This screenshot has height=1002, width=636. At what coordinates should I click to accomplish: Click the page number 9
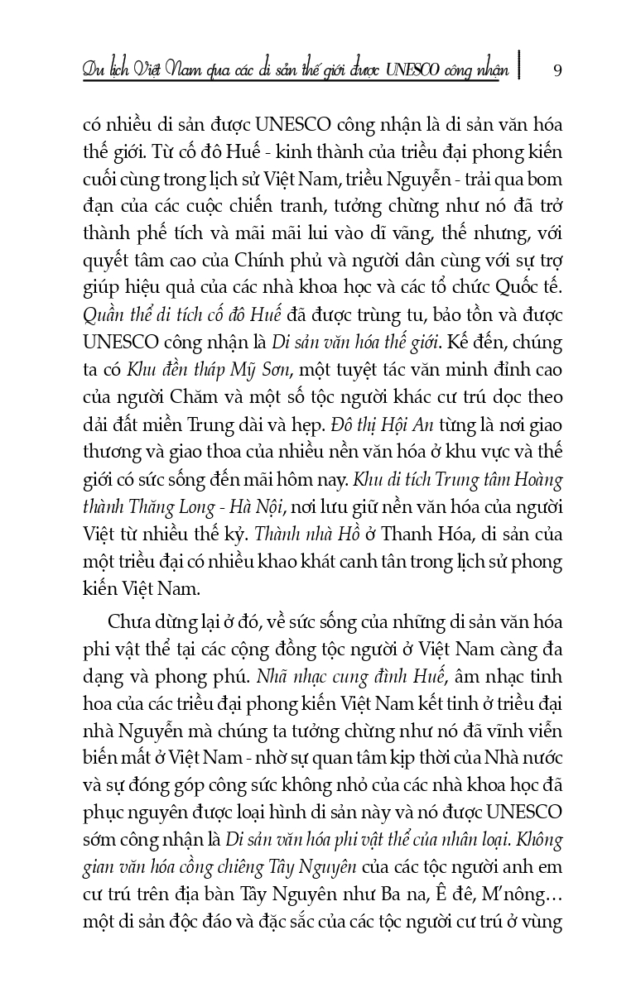tap(557, 70)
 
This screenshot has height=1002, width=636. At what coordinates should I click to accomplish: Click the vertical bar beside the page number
tap(520, 66)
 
